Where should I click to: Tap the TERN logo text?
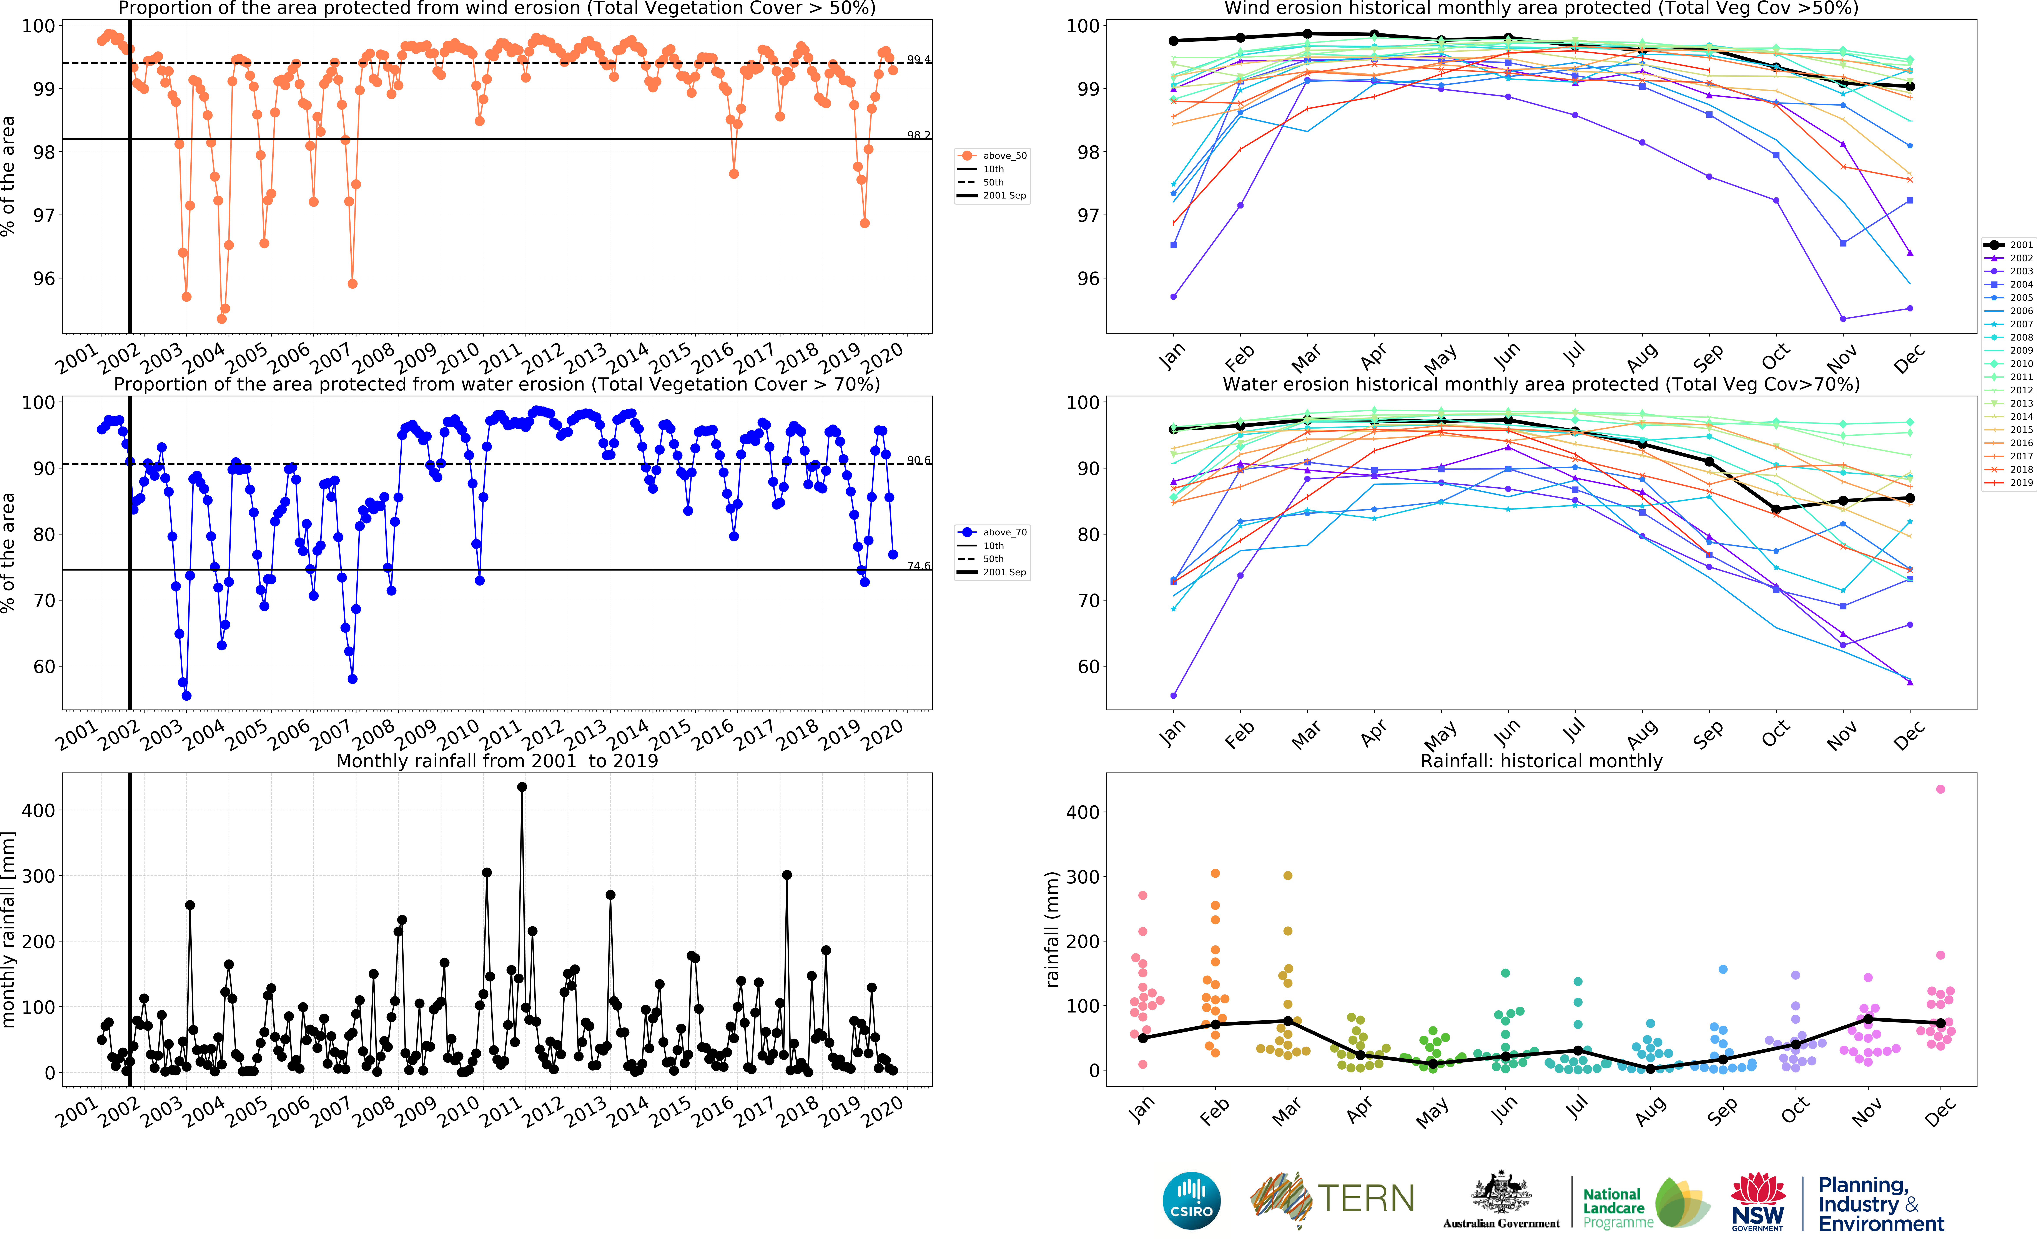tap(1366, 1198)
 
